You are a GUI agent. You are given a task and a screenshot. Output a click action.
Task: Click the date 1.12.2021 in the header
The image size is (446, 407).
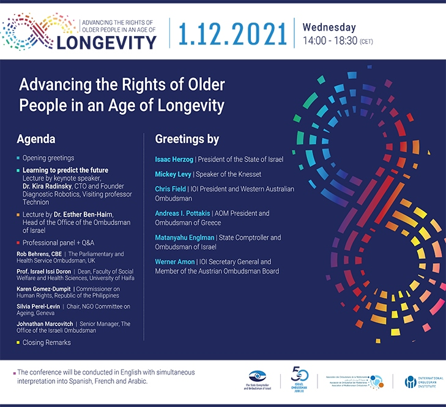(232, 34)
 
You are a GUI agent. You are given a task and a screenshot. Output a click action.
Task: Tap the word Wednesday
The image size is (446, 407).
(329, 27)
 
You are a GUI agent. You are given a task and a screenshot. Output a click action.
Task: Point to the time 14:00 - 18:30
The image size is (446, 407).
(332, 41)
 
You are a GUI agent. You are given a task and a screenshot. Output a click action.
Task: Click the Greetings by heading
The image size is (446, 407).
(187, 139)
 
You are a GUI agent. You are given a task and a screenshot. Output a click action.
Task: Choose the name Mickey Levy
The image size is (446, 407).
(172, 175)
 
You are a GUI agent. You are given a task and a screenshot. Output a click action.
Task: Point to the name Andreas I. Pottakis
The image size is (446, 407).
(182, 214)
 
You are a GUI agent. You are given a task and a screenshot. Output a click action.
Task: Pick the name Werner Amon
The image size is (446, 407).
(174, 262)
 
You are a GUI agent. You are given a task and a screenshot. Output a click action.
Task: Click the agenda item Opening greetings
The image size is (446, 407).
(48, 158)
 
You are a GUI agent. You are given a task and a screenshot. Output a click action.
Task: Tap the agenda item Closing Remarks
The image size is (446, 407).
(46, 342)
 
